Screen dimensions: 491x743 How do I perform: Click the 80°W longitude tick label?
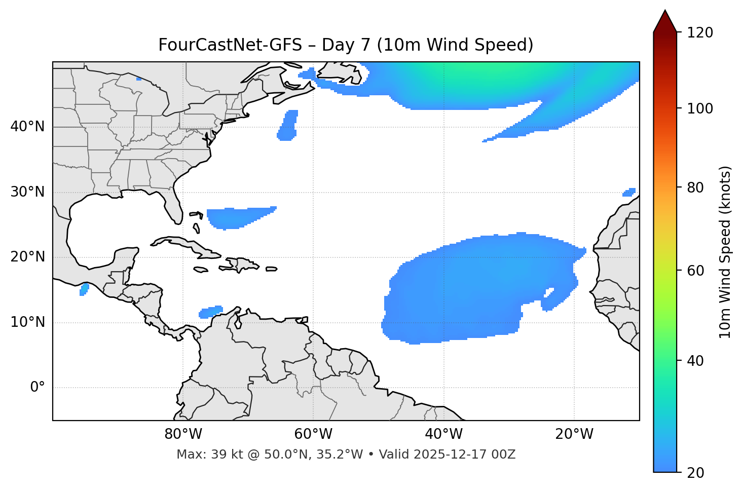(183, 434)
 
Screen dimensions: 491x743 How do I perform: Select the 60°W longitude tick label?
(313, 434)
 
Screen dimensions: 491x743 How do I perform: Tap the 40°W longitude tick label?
(443, 434)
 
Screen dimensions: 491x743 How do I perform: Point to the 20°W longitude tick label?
(574, 434)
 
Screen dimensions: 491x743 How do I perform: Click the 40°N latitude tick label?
(27, 127)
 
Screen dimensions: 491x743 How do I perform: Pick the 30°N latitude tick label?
(27, 192)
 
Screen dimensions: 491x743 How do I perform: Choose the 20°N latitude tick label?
(27, 257)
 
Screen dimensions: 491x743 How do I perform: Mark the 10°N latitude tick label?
(27, 322)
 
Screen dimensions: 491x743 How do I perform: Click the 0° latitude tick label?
(38, 388)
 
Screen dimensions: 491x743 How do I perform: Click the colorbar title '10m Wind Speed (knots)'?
(725, 252)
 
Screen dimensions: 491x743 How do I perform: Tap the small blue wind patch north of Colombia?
(211, 312)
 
